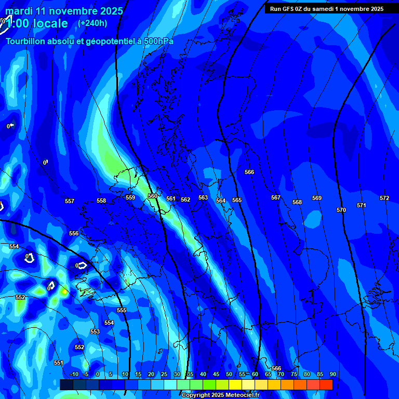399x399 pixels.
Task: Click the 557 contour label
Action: [x=70, y=201]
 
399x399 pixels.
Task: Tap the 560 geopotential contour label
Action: [x=153, y=196]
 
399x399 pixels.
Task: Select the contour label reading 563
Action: [x=203, y=198]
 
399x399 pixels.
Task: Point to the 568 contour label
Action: [x=297, y=202]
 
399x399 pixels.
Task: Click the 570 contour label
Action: [x=341, y=210]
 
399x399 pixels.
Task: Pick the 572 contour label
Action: [x=384, y=198]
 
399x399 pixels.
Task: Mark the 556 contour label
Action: [x=74, y=233]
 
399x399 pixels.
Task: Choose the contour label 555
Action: [x=122, y=310]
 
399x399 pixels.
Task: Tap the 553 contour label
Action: [x=95, y=331]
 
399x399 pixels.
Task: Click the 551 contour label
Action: [x=59, y=363]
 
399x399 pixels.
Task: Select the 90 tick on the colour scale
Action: [x=332, y=374]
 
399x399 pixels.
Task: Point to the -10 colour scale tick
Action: [x=74, y=374]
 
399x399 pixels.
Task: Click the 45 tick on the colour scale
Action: [x=216, y=374]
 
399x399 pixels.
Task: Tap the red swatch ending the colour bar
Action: [x=326, y=384]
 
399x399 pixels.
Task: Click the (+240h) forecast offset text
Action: [x=92, y=23]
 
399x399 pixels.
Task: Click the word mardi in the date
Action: [x=19, y=11]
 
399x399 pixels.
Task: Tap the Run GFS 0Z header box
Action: [x=327, y=8]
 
